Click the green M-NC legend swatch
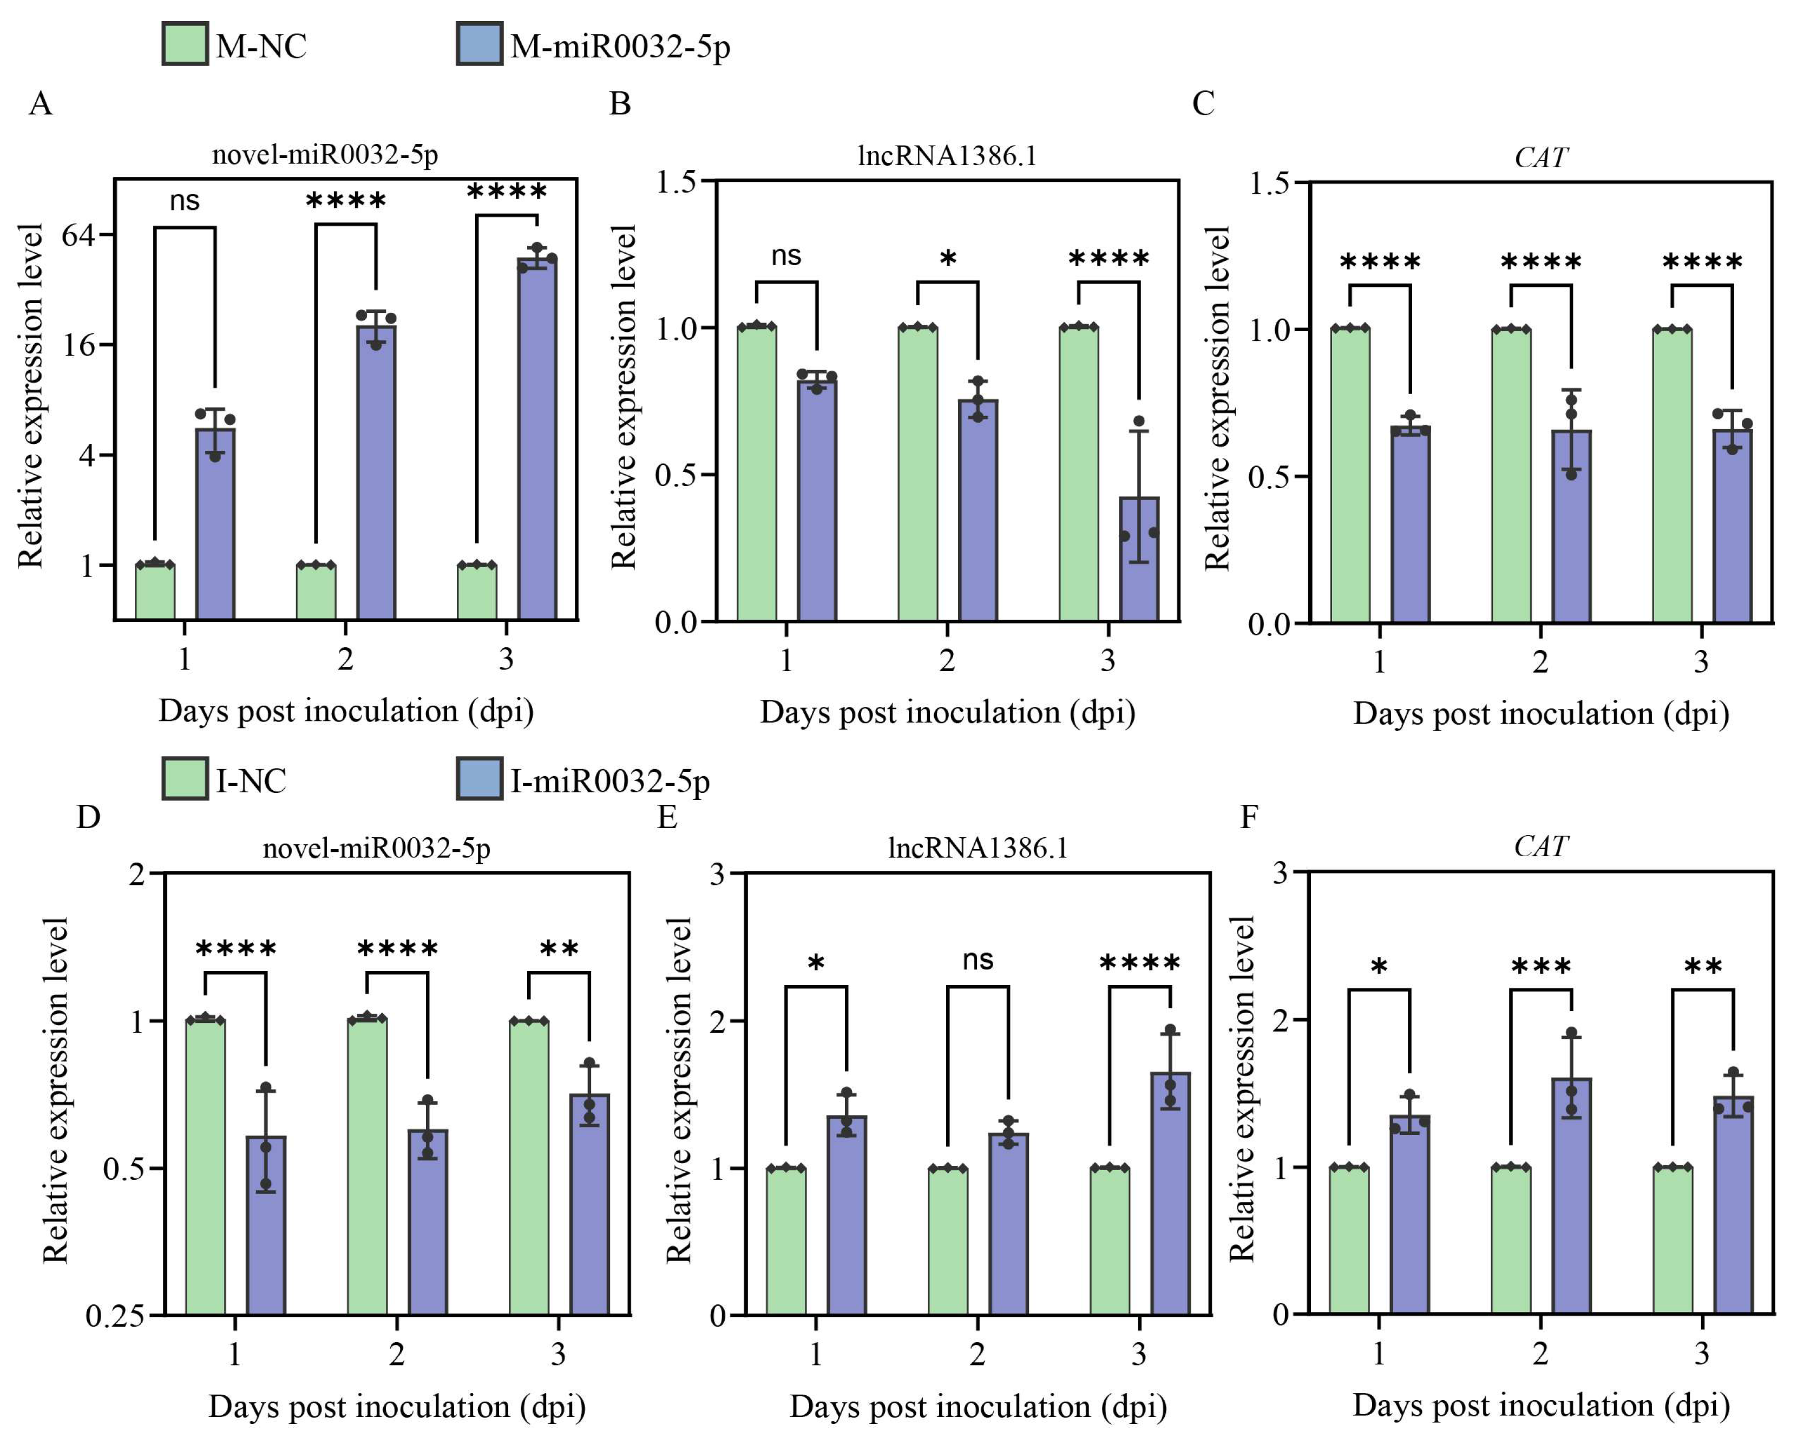(185, 44)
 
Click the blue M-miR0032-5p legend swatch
(480, 44)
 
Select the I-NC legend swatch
(185, 778)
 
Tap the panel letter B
(620, 104)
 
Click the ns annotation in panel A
(185, 201)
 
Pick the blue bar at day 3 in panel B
(1139, 559)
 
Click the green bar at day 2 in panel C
(1511, 476)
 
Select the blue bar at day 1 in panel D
(266, 1226)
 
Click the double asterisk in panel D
(559, 949)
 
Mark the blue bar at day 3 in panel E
(1170, 1194)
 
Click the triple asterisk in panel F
(1542, 966)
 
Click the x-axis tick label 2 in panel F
(1540, 1353)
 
